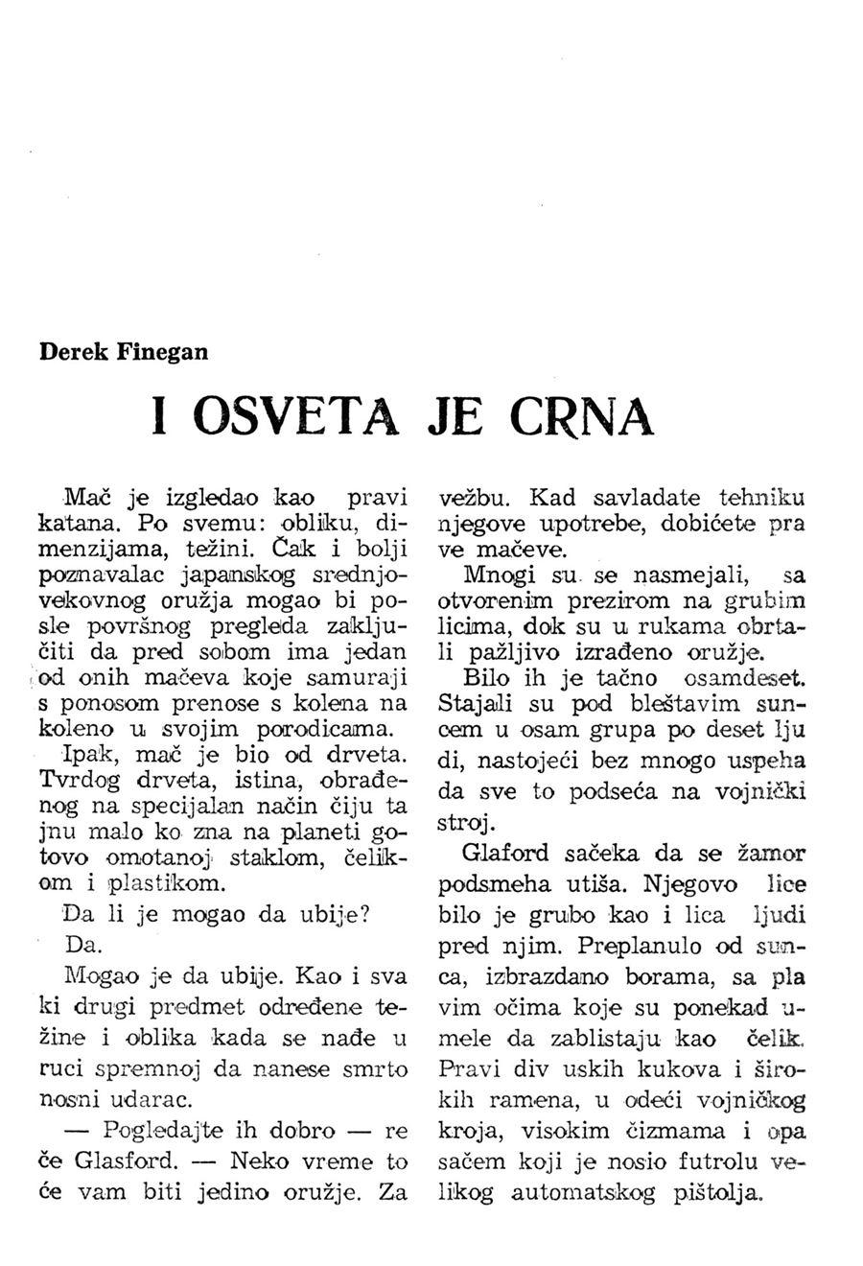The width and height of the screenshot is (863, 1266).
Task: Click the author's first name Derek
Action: click(74, 351)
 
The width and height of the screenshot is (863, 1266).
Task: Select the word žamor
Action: click(771, 853)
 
